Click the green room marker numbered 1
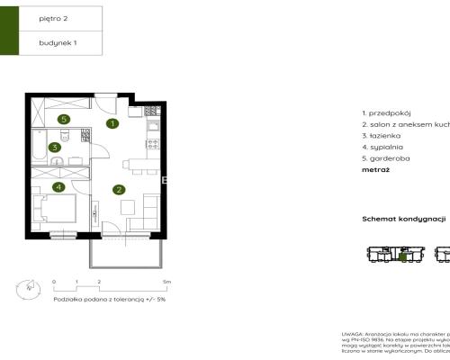[x=112, y=124]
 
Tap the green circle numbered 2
[x=118, y=189]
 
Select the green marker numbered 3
[x=55, y=148]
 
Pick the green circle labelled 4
[x=58, y=187]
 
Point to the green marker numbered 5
[x=63, y=119]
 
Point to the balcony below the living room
[x=126, y=256]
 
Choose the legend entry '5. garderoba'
[x=385, y=157]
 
